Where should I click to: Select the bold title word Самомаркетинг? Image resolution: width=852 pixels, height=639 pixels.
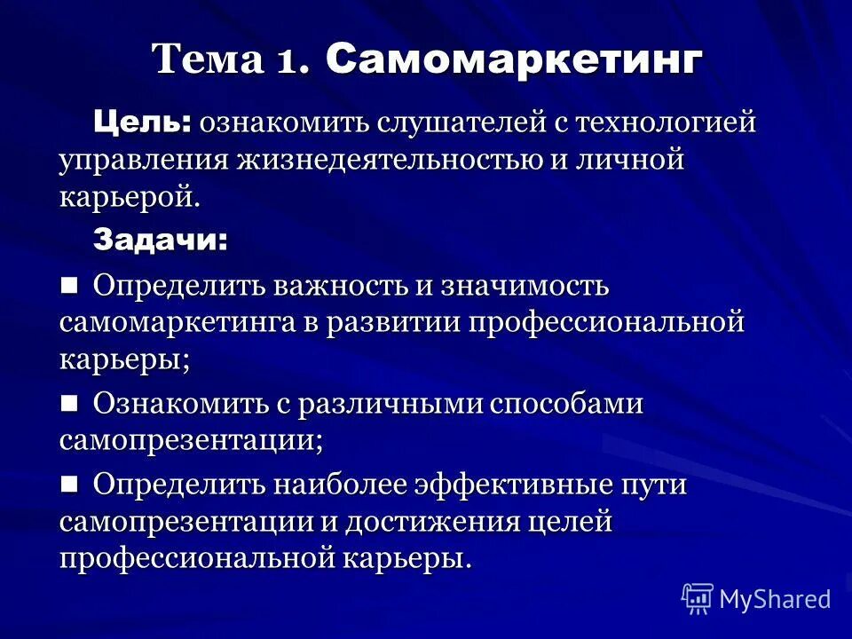(x=514, y=60)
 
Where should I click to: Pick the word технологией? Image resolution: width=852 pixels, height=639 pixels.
(x=667, y=123)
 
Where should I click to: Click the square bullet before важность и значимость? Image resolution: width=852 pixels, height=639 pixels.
(x=70, y=285)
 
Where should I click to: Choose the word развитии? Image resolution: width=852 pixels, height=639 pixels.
(x=396, y=323)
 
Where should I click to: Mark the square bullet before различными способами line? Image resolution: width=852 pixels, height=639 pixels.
(x=70, y=403)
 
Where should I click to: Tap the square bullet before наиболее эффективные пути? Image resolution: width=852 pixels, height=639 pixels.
(x=70, y=484)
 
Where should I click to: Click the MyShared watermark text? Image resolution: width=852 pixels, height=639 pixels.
(x=775, y=599)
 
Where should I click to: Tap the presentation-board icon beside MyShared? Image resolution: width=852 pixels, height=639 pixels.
(x=698, y=598)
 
